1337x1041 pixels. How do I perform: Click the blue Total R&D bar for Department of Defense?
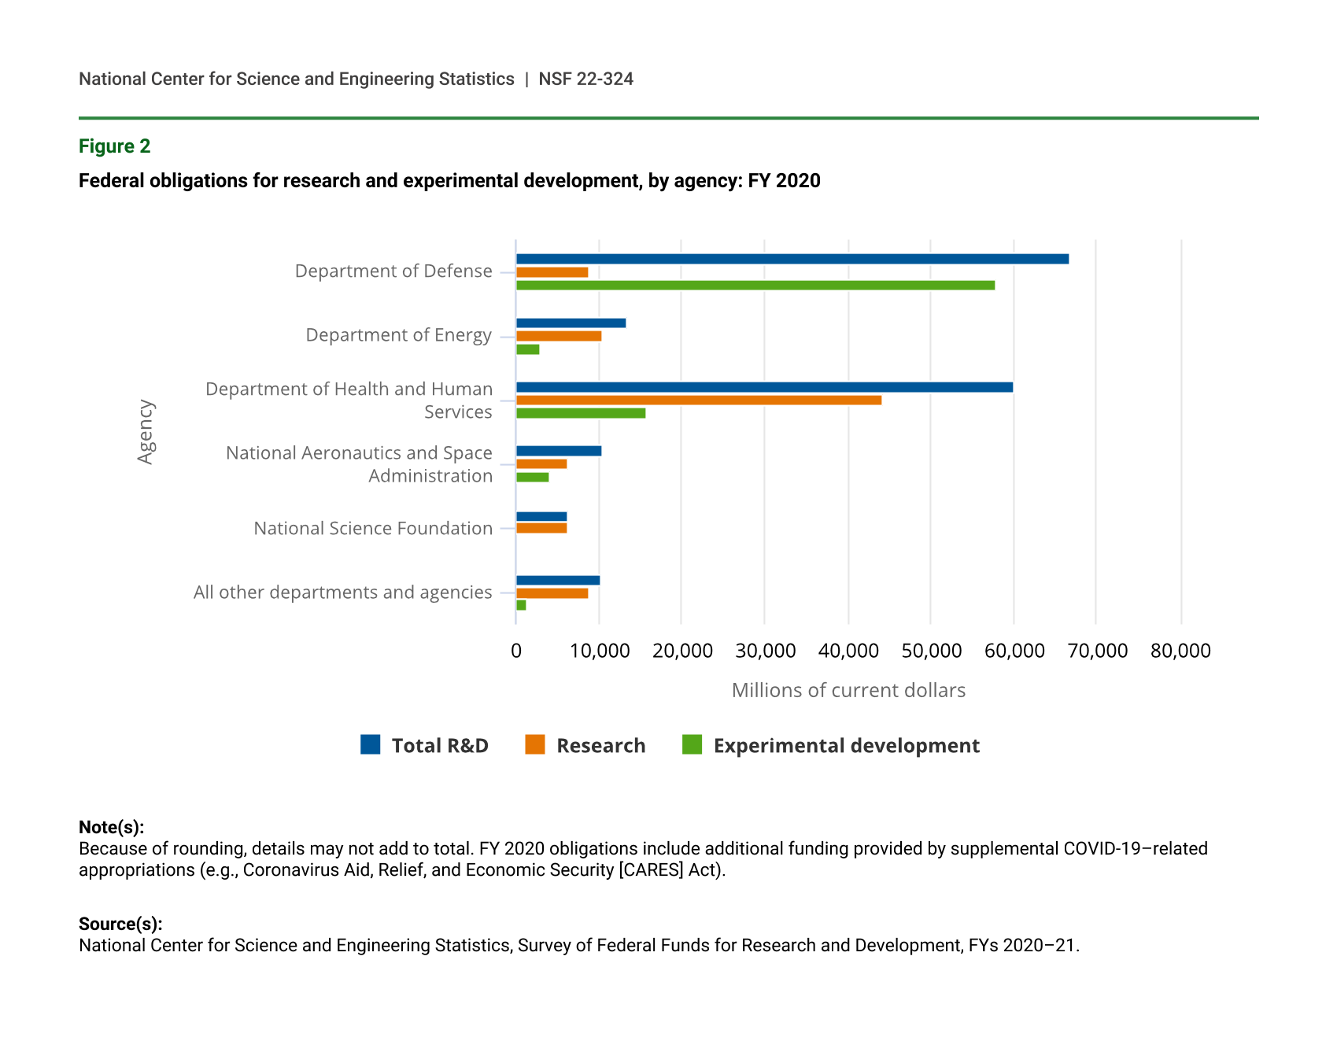792,259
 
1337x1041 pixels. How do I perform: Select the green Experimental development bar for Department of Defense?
755,285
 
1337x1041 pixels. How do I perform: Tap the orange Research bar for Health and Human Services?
699,400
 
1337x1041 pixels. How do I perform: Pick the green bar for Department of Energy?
527,349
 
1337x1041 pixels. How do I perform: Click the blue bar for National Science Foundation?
541,517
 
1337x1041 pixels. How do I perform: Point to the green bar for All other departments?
521,605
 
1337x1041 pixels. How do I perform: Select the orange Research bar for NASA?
541,463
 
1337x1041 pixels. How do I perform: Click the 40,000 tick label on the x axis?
848,651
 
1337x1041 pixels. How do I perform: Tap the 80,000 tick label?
1180,651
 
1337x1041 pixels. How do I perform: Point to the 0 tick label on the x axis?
516,651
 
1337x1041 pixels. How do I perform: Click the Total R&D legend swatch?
371,744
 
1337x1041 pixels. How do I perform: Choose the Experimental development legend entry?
846,745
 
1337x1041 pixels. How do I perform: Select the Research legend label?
600,745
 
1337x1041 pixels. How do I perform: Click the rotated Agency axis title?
146,432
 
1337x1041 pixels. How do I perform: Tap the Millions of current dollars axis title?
848,690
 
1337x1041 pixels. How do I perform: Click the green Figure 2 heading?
115,146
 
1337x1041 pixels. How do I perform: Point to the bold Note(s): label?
111,827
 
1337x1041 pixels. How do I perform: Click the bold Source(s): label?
120,924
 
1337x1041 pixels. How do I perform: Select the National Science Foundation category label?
373,528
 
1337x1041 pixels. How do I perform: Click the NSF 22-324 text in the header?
585,79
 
